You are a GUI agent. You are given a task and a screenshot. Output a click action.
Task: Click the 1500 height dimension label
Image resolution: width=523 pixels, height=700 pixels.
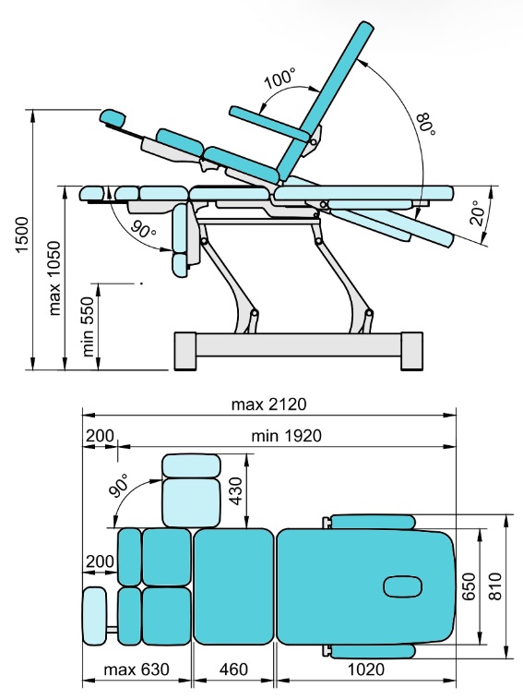22,235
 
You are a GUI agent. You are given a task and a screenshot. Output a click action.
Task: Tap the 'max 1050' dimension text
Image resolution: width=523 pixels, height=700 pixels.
54,278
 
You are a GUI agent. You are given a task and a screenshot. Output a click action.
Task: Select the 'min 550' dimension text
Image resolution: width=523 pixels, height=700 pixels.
89,327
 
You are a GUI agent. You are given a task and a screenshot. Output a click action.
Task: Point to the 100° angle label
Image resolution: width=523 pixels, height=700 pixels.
279,78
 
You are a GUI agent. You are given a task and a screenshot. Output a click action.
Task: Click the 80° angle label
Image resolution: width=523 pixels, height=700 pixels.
425,124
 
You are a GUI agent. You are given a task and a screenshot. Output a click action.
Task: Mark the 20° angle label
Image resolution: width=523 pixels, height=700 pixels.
478,213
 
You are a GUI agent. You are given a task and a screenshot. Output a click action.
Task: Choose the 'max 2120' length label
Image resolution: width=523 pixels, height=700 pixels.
268,404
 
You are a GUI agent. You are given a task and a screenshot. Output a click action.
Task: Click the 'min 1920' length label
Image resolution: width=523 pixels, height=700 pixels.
286,436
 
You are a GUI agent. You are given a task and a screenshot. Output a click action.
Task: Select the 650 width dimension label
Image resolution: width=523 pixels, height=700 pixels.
469,586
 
